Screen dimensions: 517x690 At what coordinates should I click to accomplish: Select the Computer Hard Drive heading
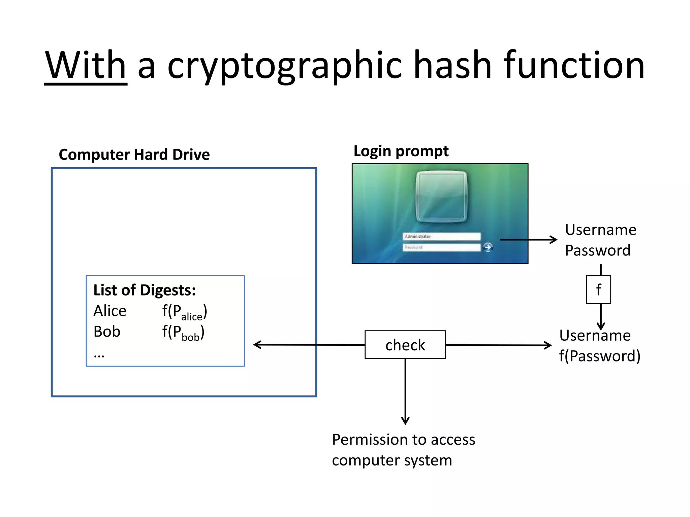(134, 154)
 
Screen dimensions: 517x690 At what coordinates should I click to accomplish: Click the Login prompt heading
(401, 151)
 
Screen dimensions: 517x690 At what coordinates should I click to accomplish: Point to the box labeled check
(405, 345)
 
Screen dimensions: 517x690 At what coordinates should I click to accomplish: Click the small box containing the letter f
(598, 290)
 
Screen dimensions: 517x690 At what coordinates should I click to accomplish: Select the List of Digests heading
(144, 290)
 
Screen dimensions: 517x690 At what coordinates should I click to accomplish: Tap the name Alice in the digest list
(110, 311)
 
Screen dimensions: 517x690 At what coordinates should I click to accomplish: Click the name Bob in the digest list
(107, 332)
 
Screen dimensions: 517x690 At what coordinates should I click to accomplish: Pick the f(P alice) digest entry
(184, 312)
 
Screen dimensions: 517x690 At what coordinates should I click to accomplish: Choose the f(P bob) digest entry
(183, 333)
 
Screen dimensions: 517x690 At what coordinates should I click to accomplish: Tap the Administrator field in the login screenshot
(441, 237)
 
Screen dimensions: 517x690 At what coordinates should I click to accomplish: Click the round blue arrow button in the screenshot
(488, 247)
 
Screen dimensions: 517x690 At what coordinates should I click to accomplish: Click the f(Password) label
(600, 356)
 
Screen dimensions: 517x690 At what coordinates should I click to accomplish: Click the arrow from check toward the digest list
(308, 345)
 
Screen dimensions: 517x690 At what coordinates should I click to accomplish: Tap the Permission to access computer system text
(403, 450)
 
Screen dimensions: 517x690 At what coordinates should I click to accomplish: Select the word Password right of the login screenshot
(597, 250)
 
